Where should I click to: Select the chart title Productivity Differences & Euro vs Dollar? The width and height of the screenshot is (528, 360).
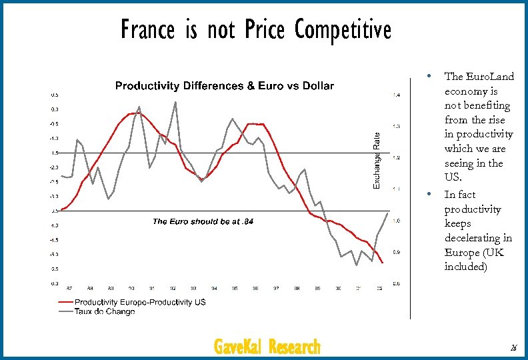coord(225,86)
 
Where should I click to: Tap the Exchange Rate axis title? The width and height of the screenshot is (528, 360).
coord(377,161)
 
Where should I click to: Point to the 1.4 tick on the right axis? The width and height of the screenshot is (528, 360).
coord(397,95)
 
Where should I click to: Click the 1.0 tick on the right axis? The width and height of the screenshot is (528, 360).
coord(397,221)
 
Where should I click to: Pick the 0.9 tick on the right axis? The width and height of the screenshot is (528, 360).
coord(397,252)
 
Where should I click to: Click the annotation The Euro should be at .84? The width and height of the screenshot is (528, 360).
coord(203,221)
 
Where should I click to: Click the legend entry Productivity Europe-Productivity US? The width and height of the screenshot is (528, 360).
coord(140,302)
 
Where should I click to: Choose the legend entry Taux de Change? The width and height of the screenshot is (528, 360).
coord(105,311)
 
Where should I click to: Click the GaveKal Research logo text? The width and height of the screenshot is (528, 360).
coord(267,347)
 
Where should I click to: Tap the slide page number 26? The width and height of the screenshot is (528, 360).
coord(513,348)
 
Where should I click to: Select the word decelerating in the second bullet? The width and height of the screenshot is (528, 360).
coord(477,238)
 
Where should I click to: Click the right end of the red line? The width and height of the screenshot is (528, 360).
coord(383,263)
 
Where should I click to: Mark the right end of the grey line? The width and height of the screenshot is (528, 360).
coord(387,213)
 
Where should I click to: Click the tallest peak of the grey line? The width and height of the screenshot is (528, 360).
coord(175,102)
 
